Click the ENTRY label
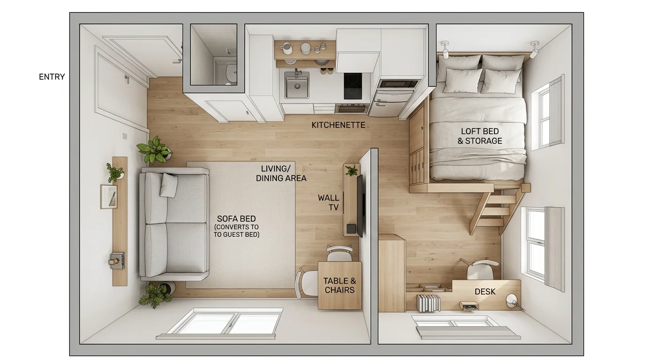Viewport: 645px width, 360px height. pos(52,77)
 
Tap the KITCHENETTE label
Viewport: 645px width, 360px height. pos(338,125)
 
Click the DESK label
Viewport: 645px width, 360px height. pos(485,292)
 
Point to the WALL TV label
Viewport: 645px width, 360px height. pos(328,202)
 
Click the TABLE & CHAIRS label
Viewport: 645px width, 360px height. pos(339,285)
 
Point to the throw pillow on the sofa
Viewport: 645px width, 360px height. pos(169,185)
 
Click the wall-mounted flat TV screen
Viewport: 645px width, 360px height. pos(360,205)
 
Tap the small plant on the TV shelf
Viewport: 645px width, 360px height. pos(352,170)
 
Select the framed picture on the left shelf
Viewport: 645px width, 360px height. pos(109,196)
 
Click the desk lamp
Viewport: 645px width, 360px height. pos(512,300)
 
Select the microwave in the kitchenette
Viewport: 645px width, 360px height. pos(398,84)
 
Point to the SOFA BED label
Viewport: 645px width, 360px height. pos(236,219)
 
